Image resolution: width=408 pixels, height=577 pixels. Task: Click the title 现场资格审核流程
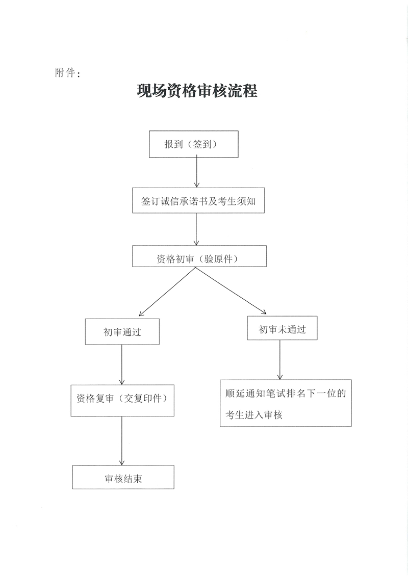197,91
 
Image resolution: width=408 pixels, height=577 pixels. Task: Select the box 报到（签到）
194,144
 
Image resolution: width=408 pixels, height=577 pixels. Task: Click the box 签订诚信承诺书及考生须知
198,201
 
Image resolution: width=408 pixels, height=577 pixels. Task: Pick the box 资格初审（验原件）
199,256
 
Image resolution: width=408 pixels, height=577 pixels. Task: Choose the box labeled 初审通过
122,331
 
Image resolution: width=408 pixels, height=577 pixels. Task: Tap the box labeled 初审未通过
282,328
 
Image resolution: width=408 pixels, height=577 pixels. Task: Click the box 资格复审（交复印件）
122,400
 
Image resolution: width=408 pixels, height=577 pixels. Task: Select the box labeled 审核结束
123,477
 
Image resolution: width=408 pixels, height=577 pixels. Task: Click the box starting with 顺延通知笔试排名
286,403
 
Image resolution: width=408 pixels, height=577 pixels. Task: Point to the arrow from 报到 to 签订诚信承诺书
197,171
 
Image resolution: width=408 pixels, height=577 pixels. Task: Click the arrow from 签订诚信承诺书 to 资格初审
196,229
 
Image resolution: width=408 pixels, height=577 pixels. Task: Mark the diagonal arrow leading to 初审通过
167,292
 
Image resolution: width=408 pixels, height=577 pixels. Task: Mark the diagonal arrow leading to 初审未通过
231,291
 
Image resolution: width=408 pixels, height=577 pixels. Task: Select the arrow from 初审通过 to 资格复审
122,364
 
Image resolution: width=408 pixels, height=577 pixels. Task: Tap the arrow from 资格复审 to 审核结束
122,441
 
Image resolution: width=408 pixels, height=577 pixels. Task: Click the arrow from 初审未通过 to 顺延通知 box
280,359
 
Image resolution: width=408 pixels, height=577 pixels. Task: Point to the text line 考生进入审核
254,415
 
